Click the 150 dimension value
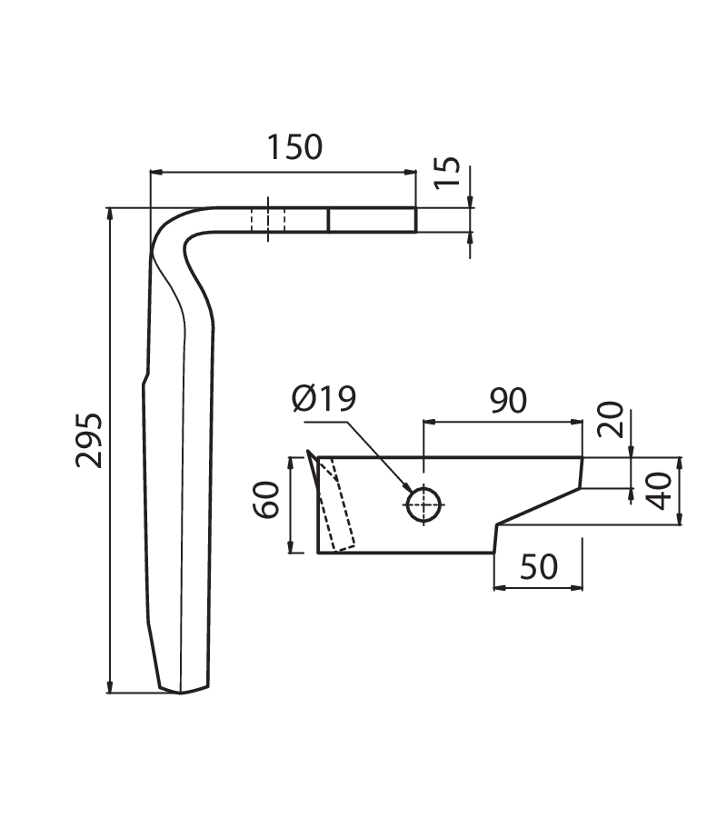pos(294,147)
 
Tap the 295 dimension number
pos(89,440)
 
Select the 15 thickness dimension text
pos(447,172)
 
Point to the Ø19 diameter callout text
pos(324,399)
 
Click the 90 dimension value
pos(508,400)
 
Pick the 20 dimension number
pos(611,419)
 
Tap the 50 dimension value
pos(539,566)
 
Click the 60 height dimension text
pos(266,500)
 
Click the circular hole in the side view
pos(423,504)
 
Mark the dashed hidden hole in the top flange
pos(268,220)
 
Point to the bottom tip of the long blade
pos(181,693)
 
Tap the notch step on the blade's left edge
pos(146,379)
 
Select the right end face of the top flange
pos(415,220)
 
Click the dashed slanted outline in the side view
pos(337,505)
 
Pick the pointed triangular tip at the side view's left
pos(312,472)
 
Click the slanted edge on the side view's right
pos(539,506)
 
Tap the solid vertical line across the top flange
pos(329,220)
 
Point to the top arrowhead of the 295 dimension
pos(110,214)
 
